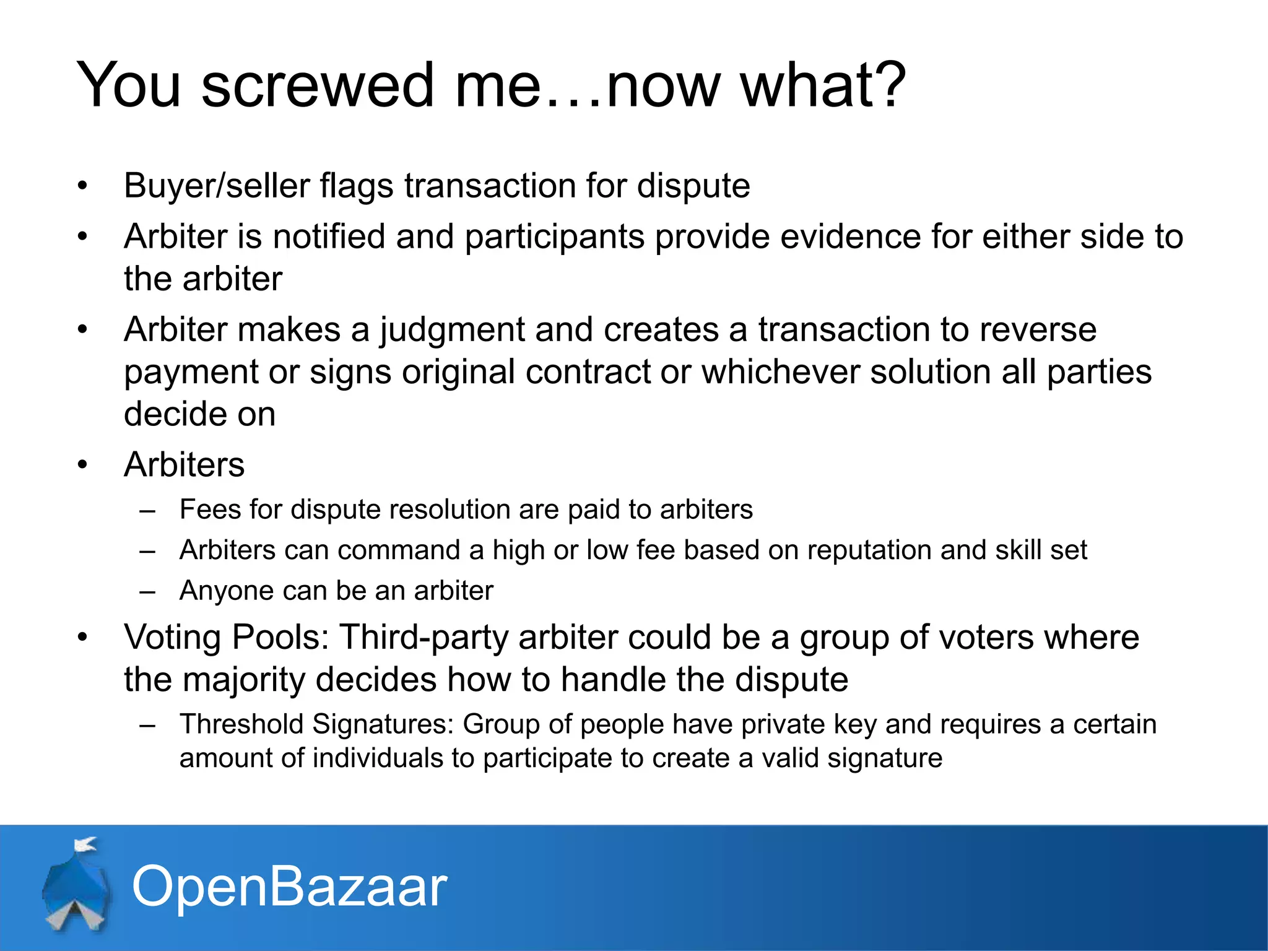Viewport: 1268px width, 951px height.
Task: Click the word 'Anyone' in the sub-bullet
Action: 226,591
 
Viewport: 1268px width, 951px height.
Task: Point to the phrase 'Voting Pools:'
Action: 227,637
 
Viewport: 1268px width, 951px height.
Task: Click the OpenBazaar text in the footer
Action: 289,887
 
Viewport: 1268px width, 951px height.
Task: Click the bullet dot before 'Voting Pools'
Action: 83,637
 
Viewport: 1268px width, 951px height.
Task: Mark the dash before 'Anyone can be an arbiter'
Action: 147,591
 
